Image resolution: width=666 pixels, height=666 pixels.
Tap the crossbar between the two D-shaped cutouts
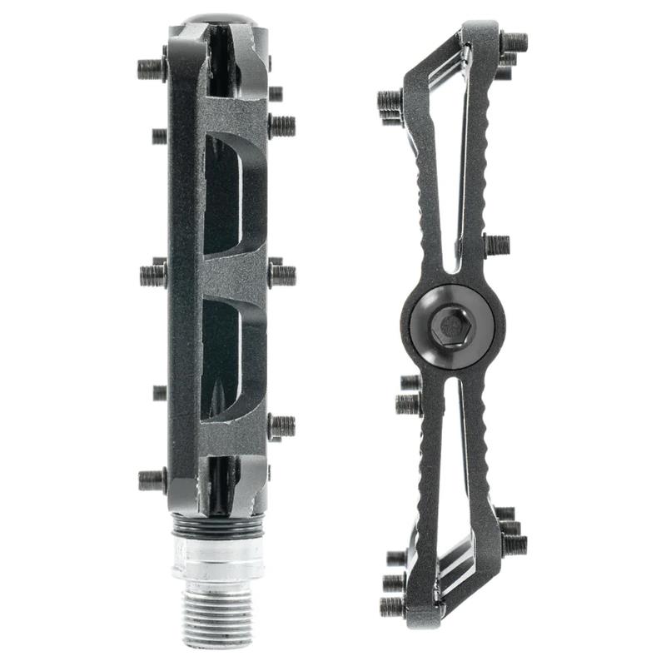coord(229,275)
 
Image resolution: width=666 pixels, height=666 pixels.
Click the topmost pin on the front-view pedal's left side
coord(152,68)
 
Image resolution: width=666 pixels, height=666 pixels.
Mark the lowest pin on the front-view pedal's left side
coord(152,480)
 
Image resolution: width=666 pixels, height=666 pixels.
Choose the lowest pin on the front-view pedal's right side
coord(281,426)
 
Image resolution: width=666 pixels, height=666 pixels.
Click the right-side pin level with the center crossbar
coord(281,274)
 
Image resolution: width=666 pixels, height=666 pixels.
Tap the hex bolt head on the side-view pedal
coord(450,325)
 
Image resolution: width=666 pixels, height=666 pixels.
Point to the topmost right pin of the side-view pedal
coord(514,41)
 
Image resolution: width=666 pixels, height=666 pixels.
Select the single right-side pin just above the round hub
coord(496,245)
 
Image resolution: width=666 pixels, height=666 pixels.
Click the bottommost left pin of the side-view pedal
coord(392,606)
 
